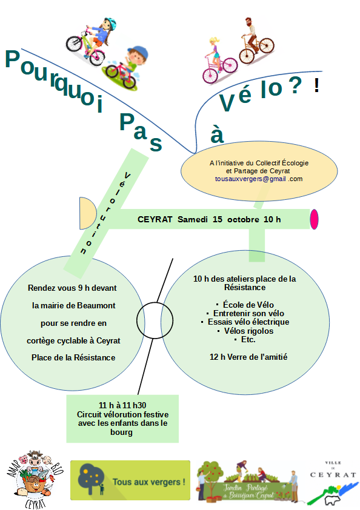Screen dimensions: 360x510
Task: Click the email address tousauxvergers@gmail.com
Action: point(259,179)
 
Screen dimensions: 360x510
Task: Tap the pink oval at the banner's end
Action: point(314,219)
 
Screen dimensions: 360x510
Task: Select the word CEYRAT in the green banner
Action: point(155,219)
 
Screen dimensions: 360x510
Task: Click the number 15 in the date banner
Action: point(218,219)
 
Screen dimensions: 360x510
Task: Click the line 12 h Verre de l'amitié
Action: point(248,357)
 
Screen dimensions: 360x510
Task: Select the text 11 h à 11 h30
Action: point(122,405)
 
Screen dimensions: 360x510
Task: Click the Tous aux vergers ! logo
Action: point(130,480)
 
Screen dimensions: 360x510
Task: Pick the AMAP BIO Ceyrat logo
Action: point(35,479)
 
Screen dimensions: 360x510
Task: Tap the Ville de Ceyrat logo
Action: point(333,483)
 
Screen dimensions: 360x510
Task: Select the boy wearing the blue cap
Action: point(127,68)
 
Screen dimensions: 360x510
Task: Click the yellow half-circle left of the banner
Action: point(87,213)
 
